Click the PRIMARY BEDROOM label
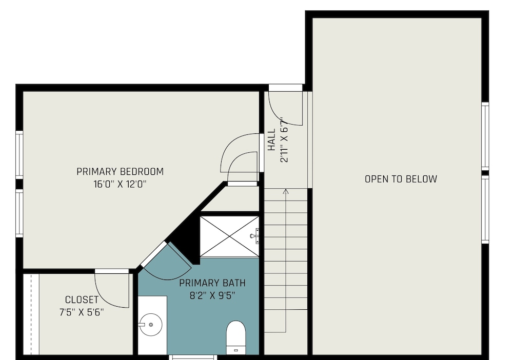click(120, 172)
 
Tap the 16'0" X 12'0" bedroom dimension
click(120, 185)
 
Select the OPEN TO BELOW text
click(401, 179)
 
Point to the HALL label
click(271, 140)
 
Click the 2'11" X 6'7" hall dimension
click(284, 140)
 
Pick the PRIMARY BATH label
click(212, 283)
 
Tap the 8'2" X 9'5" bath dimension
click(212, 295)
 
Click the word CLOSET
click(82, 300)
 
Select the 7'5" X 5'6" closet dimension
click(82, 312)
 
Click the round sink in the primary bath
click(151, 325)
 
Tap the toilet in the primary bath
click(236, 337)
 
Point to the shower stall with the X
click(229, 236)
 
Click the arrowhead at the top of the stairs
click(286, 191)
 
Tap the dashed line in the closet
click(32, 314)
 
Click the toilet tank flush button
click(236, 350)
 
